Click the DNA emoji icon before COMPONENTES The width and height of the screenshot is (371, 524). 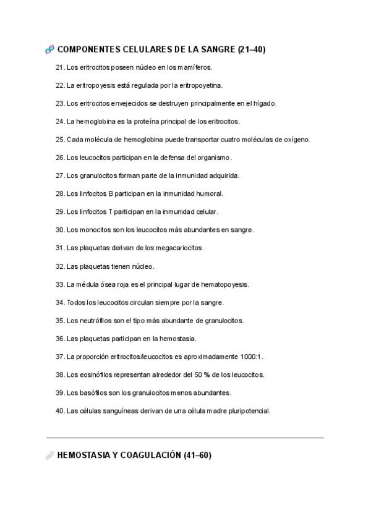pyautogui.click(x=50, y=49)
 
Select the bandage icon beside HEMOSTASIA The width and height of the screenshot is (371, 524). pyautogui.click(x=50, y=455)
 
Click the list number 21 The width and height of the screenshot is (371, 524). pyautogui.click(x=60, y=67)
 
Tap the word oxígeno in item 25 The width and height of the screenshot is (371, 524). pyautogui.click(x=296, y=140)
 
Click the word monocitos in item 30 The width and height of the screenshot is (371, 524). pyautogui.click(x=93, y=230)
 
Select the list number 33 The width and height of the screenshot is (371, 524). pyautogui.click(x=60, y=284)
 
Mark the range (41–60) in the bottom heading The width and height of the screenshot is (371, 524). pyautogui.click(x=197, y=455)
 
